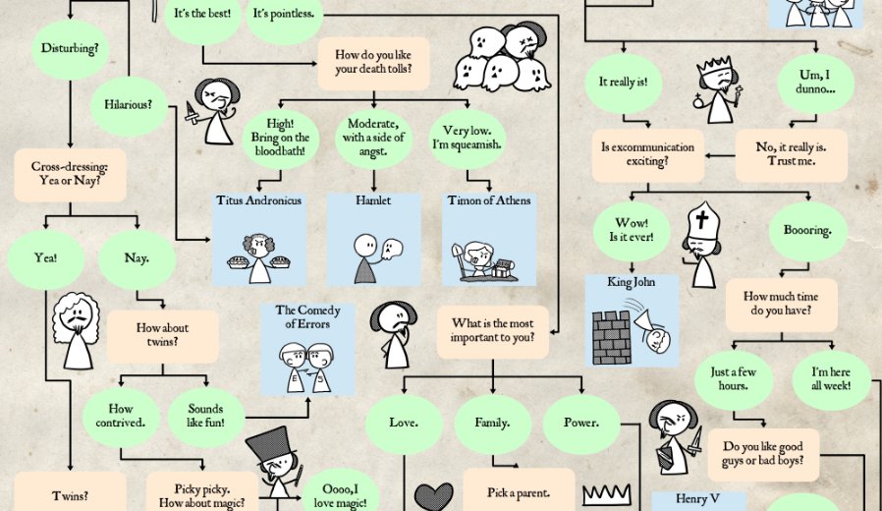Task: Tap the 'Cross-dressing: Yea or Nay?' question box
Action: [x=70, y=175]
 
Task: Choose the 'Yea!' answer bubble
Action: [x=44, y=258]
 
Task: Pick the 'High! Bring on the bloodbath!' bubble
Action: [x=281, y=138]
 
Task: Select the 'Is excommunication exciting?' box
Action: [x=647, y=154]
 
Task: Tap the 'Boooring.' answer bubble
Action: [x=806, y=231]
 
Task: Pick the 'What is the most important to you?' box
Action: [x=492, y=330]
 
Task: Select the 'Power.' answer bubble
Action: [x=580, y=423]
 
